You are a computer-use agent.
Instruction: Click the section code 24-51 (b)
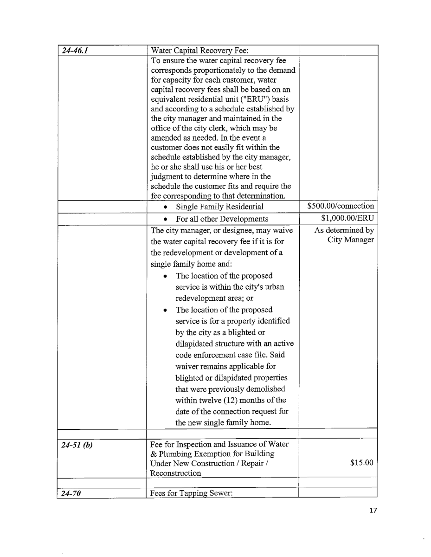[x=77, y=445]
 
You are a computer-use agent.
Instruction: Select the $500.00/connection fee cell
[x=341, y=206]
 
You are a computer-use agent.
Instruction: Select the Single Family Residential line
[x=219, y=207]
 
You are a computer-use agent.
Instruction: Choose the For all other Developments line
[x=222, y=219]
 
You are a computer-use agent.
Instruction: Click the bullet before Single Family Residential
[x=166, y=207]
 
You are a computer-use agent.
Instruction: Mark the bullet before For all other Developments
[x=166, y=219]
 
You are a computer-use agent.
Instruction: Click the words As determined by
[x=344, y=230]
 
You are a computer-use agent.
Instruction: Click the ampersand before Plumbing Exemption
[x=154, y=453]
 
